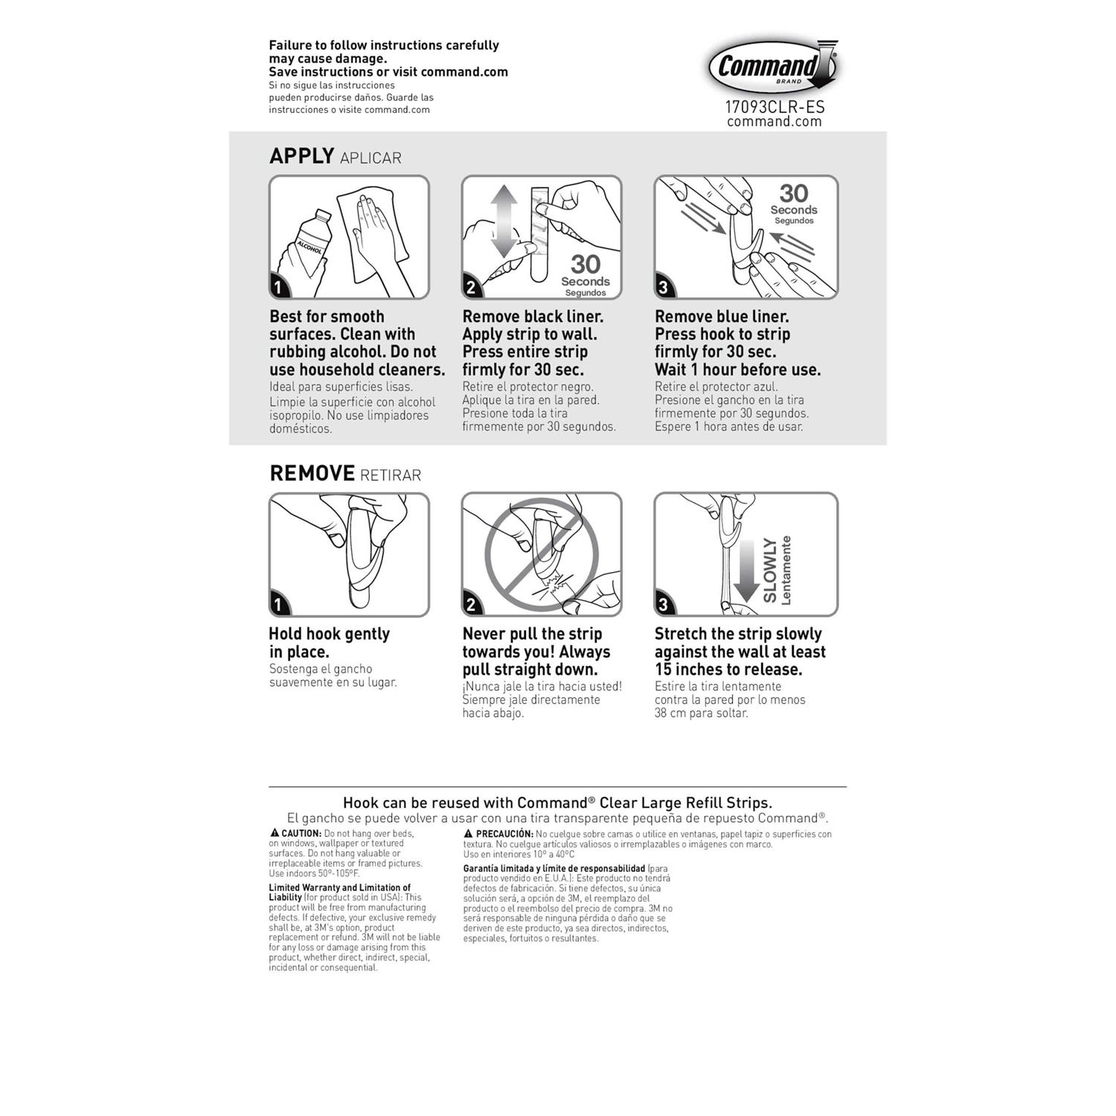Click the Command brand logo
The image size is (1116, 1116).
click(x=772, y=67)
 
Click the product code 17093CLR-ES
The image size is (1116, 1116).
click(x=775, y=106)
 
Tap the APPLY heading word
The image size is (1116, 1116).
click(x=301, y=156)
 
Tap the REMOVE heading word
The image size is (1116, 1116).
click(x=312, y=473)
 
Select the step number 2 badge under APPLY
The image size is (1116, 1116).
click(x=471, y=287)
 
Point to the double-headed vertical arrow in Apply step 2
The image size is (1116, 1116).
click(x=504, y=222)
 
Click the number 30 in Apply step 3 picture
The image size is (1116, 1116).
click(x=794, y=193)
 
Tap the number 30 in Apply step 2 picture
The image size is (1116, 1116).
click(x=586, y=264)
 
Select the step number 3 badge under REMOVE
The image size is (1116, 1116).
click(x=664, y=604)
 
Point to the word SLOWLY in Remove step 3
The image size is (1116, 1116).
click(x=770, y=571)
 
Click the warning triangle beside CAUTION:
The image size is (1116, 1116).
click(x=275, y=833)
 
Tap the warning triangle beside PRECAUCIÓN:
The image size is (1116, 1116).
click(x=469, y=834)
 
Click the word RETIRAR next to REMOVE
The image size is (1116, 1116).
click(x=391, y=475)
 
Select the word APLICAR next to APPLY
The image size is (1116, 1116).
click(x=371, y=158)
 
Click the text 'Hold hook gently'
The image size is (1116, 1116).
click(x=329, y=634)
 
